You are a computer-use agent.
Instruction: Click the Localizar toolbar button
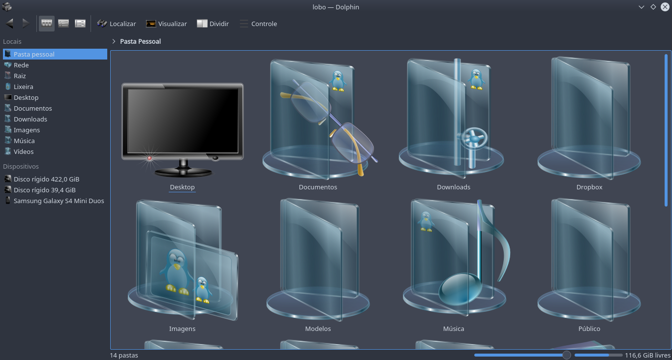(x=117, y=24)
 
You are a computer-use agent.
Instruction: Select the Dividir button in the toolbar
(x=213, y=24)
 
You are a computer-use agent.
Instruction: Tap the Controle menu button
(x=258, y=24)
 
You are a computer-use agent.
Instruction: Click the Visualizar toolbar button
(x=167, y=24)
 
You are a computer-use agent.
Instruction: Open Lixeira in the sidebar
(x=23, y=87)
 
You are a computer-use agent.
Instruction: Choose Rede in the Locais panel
(x=21, y=65)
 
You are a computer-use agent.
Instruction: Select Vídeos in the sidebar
(x=24, y=151)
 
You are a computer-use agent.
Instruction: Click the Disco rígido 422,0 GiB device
(x=46, y=179)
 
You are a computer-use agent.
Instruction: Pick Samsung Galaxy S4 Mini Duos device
(x=59, y=201)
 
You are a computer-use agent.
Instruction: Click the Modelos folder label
(x=318, y=329)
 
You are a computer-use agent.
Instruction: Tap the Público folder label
(x=589, y=329)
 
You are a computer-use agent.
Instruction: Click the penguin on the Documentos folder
(x=337, y=81)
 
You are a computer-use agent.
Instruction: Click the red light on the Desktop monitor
(x=150, y=158)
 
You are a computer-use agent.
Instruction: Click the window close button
(x=665, y=7)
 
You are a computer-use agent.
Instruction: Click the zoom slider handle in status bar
(x=567, y=355)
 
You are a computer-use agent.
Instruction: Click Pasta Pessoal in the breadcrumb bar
(x=140, y=41)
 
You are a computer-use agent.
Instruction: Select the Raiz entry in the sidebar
(x=20, y=76)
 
